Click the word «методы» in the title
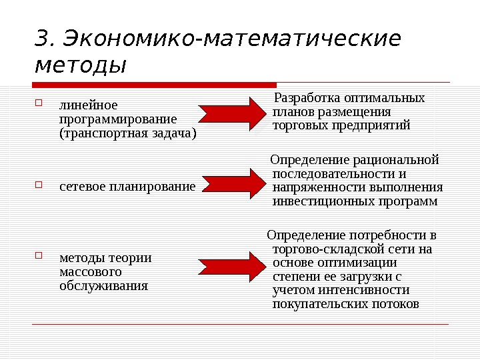point(79,67)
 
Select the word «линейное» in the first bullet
point(89,105)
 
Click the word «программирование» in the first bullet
point(118,119)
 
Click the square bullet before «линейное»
point(38,103)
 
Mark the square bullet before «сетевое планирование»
point(38,185)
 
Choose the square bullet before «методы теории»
point(38,256)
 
